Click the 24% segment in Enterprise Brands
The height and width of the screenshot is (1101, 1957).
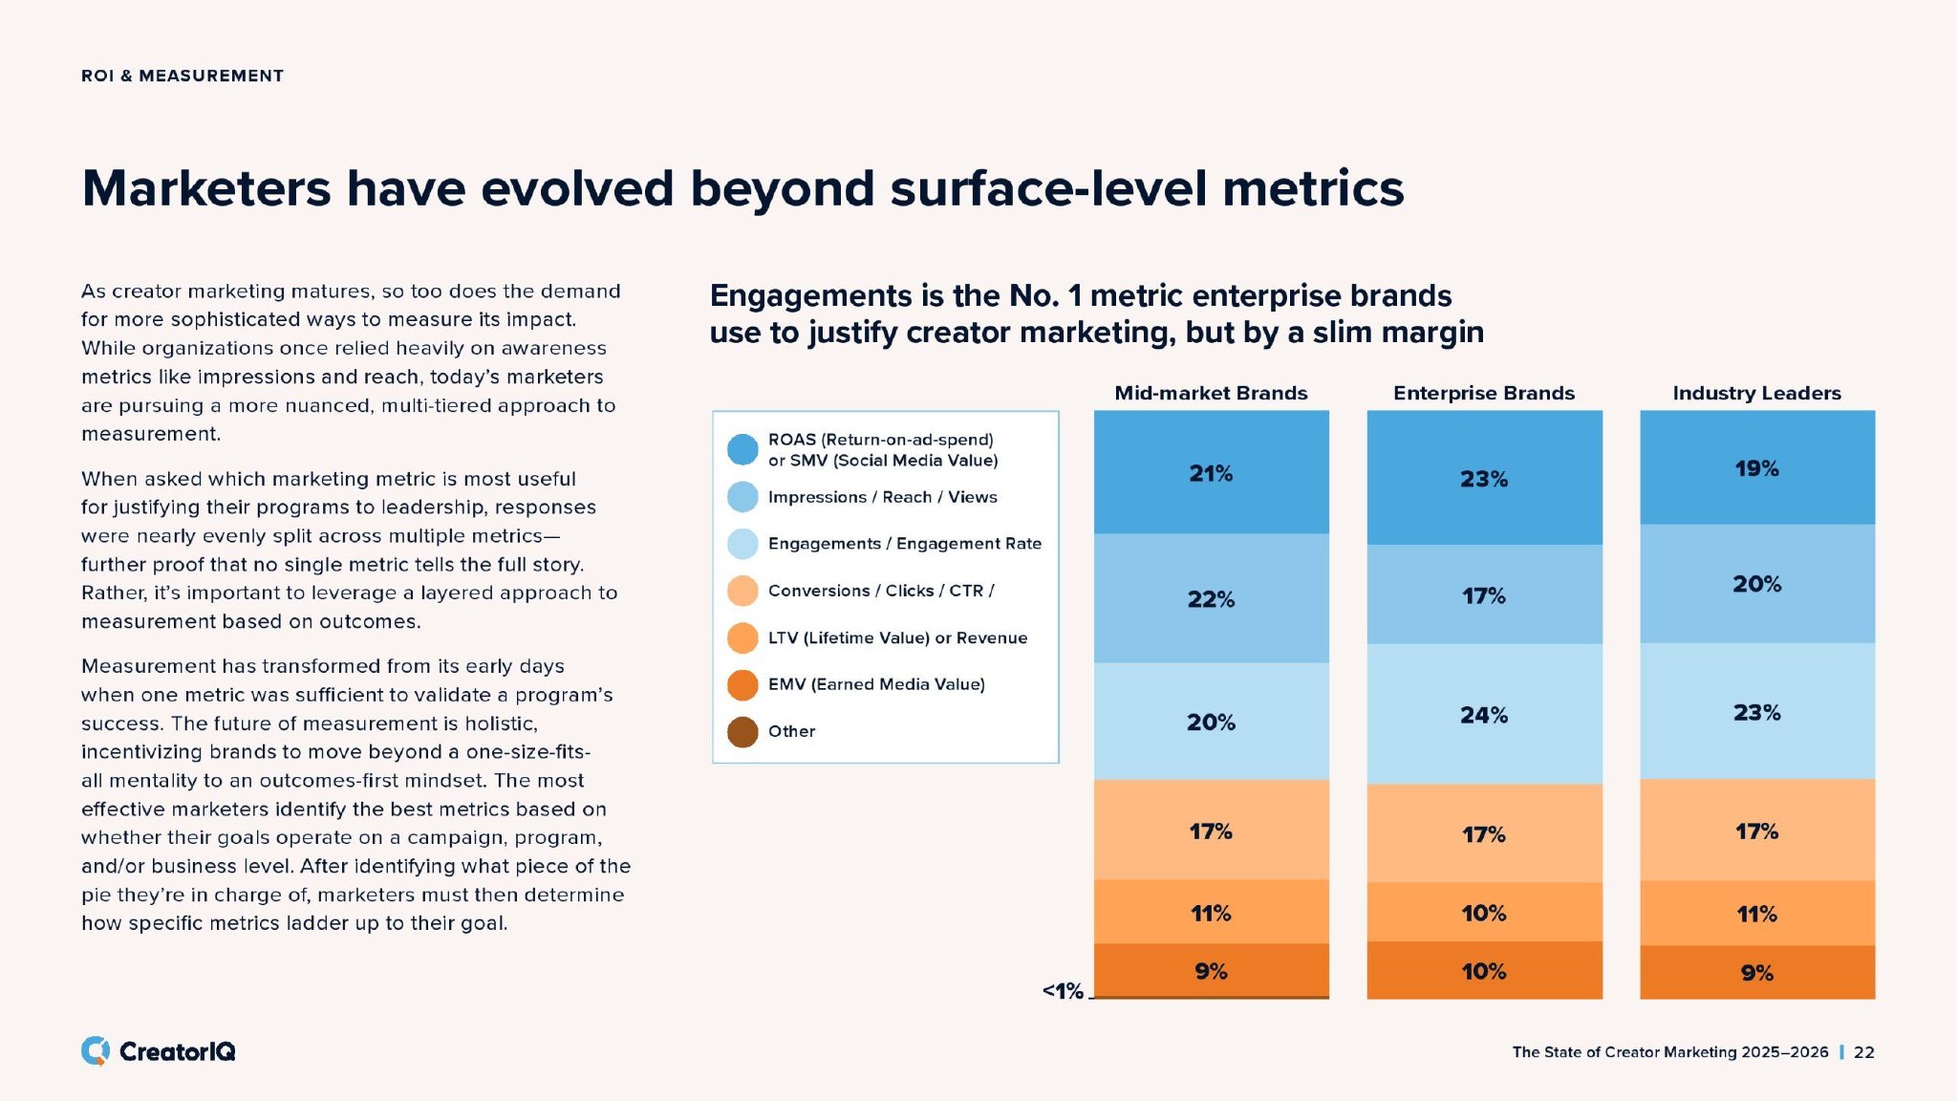pos(1484,715)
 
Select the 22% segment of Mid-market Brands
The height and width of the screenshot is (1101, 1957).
pos(1211,599)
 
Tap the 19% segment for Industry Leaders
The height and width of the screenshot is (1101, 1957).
pos(1756,468)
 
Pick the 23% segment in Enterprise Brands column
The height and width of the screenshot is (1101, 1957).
pos(1484,478)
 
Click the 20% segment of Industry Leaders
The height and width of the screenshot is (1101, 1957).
pos(1756,584)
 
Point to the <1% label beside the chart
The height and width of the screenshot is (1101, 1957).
pos(1063,991)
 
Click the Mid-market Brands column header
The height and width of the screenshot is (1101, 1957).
pos(1211,393)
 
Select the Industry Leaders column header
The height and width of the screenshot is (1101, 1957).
pos(1756,393)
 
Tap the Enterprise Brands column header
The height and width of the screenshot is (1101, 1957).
pos(1483,393)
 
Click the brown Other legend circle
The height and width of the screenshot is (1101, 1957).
pos(742,732)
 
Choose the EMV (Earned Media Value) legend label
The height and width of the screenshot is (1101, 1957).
pos(876,684)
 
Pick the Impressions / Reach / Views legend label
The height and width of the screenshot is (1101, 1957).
pos(882,497)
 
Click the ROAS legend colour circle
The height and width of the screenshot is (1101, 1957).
pos(742,449)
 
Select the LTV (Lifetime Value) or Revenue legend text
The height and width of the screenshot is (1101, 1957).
pos(897,637)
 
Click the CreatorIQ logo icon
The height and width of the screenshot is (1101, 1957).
pos(96,1051)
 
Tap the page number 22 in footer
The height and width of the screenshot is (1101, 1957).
pos(1863,1052)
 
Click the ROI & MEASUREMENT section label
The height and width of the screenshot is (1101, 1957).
pos(183,76)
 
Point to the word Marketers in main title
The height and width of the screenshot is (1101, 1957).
pos(206,188)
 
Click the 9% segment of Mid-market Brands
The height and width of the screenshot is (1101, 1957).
pos(1211,971)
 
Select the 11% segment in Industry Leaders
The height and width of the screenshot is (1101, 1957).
pos(1756,914)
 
